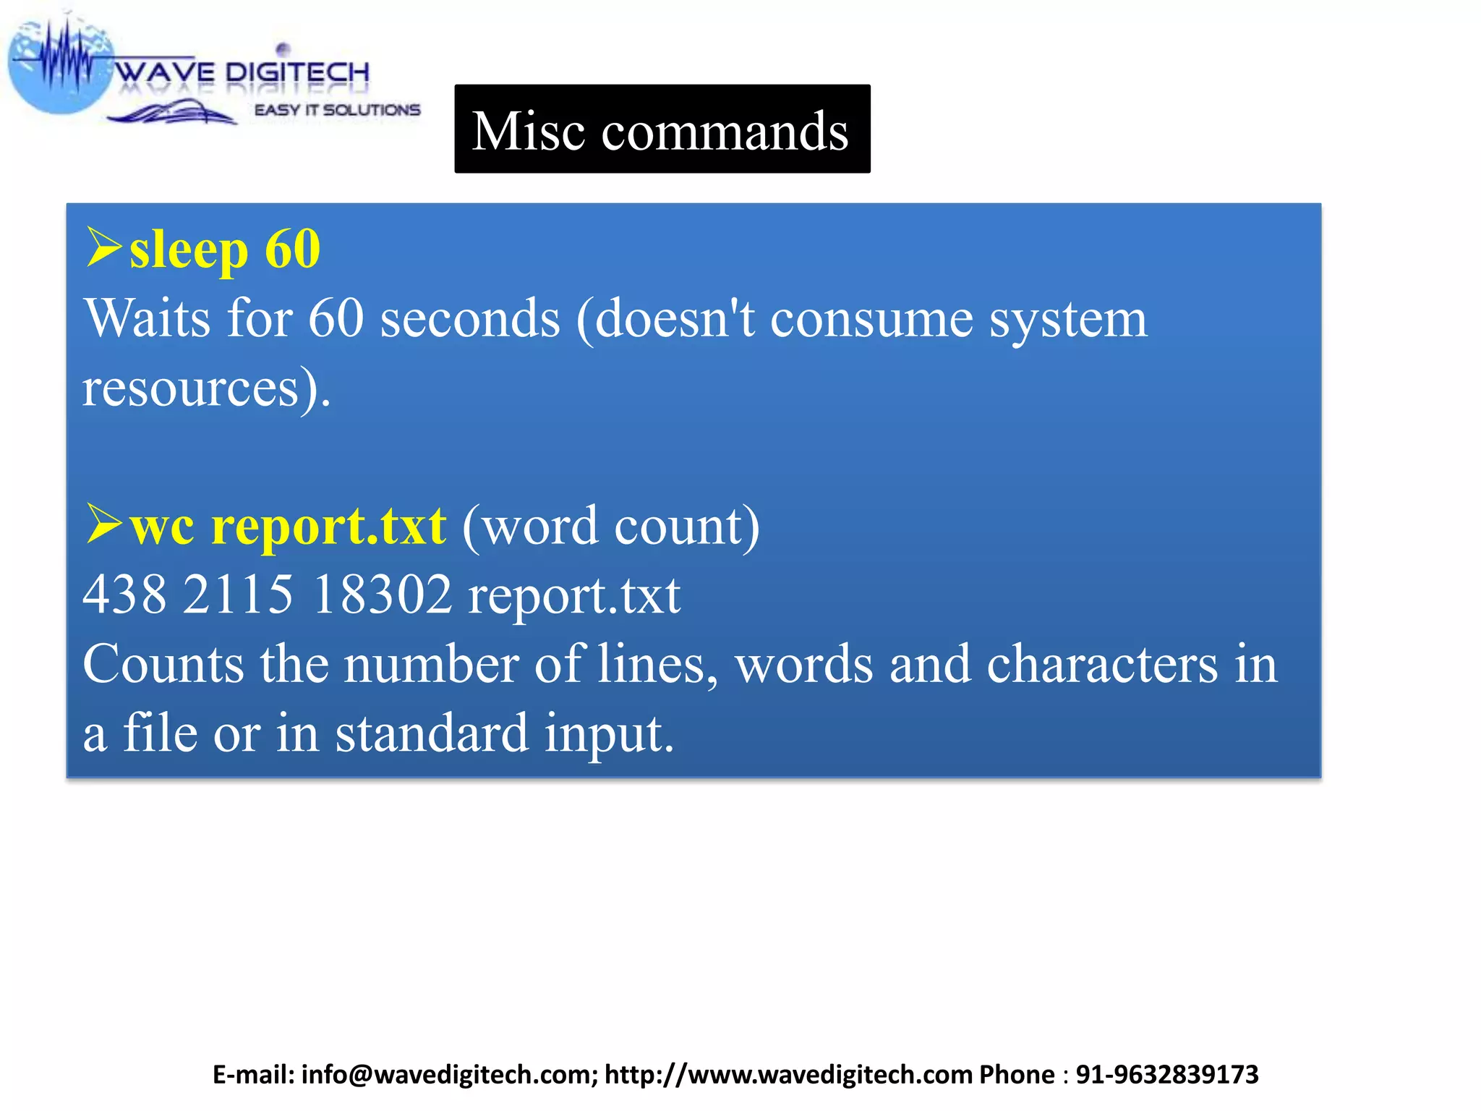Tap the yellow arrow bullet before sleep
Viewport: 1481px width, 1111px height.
[103, 247]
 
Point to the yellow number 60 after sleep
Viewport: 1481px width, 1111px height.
[292, 249]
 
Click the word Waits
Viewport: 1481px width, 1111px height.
[148, 318]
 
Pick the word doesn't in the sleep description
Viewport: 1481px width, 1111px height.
[675, 318]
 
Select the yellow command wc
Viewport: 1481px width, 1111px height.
[162, 527]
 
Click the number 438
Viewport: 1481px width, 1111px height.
[124, 595]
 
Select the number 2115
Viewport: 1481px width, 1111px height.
[238, 595]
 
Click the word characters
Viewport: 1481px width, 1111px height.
[1102, 664]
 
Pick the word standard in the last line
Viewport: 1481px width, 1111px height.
[432, 733]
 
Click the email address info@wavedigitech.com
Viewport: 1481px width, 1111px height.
[448, 1075]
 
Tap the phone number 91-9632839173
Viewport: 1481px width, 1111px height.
[1167, 1075]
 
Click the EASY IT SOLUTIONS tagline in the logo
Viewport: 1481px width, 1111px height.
[337, 110]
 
